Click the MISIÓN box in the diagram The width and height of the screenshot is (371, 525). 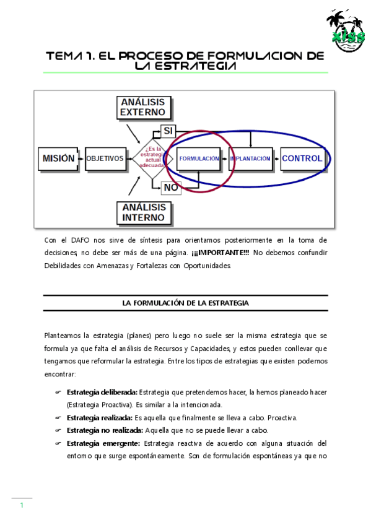[59, 158]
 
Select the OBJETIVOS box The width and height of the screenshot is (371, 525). [105, 158]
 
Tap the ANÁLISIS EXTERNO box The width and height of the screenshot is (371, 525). [143, 107]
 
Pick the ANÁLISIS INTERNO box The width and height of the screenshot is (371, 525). [143, 212]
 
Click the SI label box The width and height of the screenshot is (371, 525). [168, 131]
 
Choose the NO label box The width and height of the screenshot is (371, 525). [171, 187]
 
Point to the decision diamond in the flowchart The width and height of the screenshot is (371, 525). [152, 158]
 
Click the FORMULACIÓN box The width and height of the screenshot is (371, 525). [199, 158]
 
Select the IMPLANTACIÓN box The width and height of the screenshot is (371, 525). [250, 158]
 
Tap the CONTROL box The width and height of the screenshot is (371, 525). [302, 158]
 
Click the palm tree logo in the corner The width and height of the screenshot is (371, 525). [346, 28]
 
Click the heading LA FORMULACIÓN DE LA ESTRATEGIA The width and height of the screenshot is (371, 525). [185, 303]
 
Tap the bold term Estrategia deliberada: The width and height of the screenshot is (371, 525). [102, 393]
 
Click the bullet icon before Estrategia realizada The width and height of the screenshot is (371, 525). [58, 418]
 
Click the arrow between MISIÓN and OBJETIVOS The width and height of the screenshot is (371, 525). [81, 158]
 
